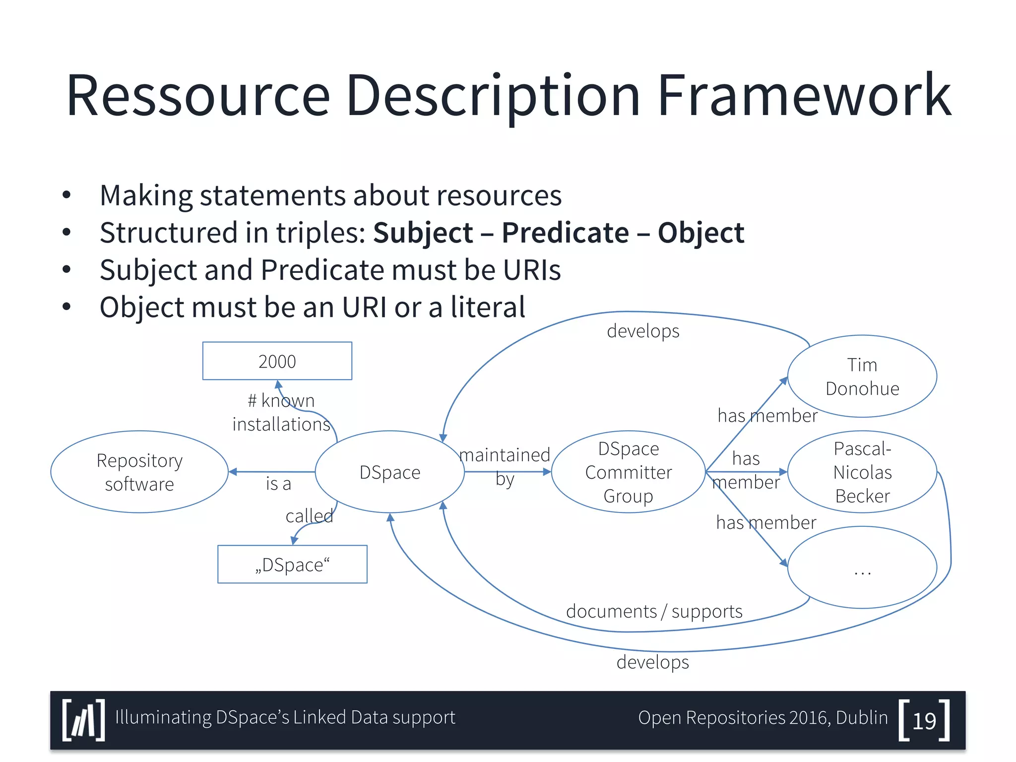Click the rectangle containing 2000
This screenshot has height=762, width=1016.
click(x=277, y=361)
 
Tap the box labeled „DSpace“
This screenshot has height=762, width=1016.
click(x=292, y=565)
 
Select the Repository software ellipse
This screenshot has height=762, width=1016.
click(x=139, y=472)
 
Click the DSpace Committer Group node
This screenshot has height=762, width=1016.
click(x=628, y=472)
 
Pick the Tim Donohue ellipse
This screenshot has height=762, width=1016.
click(x=862, y=377)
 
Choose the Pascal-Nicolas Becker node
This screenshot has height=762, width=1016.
click(x=862, y=472)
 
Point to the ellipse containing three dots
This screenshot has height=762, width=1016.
click(x=862, y=568)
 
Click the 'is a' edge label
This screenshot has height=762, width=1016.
click(x=278, y=484)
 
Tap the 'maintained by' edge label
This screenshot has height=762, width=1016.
click(x=505, y=466)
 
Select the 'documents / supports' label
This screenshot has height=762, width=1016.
click(x=654, y=611)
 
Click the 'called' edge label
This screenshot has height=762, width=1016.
click(x=309, y=516)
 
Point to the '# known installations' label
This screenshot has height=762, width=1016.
click(x=281, y=412)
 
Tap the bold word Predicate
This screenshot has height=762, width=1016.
click(x=565, y=233)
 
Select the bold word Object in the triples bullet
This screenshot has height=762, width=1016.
click(x=700, y=233)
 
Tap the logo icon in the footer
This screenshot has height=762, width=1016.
click(x=84, y=720)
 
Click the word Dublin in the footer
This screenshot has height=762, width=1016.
click(x=862, y=718)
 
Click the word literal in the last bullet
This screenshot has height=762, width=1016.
click(x=488, y=307)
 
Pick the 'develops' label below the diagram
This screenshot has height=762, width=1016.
click(x=652, y=662)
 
